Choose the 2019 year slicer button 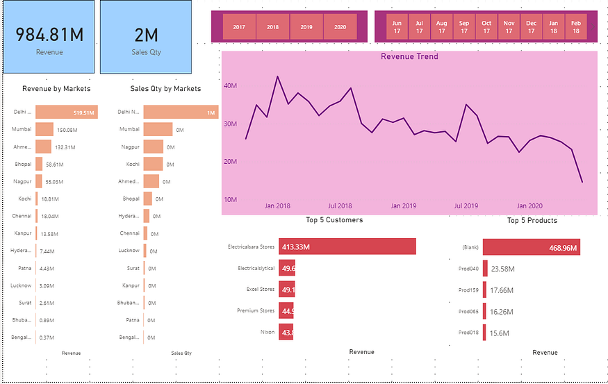306,26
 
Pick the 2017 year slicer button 239,26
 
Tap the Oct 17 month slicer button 486,26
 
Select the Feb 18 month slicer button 576,26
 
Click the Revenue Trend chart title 409,56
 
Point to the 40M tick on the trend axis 230,86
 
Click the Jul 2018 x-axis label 340,206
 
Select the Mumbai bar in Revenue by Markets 44,129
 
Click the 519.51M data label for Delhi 83,112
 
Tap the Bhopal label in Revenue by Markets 22,165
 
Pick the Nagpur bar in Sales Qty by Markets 153,147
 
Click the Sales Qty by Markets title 165,88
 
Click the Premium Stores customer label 256,310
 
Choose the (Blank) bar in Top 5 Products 531,247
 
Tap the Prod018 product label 469,333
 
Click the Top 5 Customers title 334,220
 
